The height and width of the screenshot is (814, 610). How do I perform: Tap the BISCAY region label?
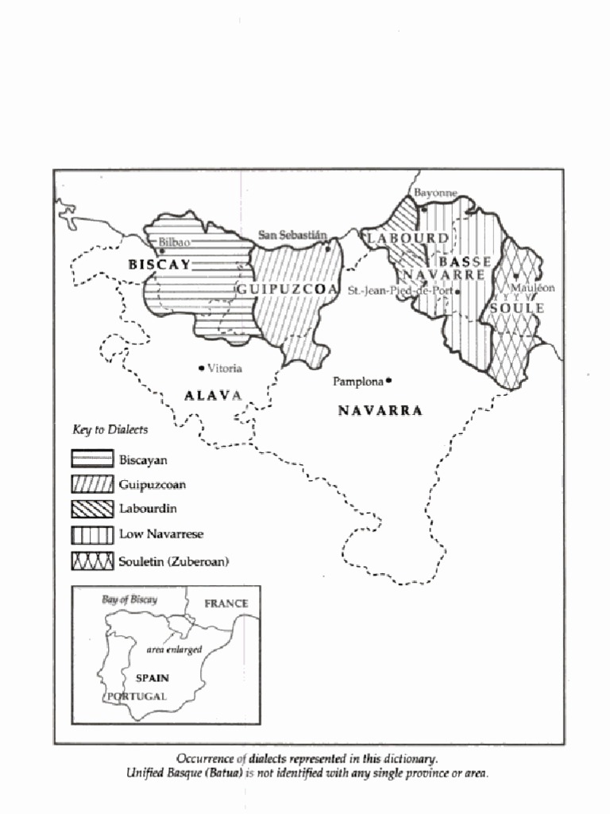coord(160,265)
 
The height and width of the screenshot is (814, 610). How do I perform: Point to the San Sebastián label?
coord(292,235)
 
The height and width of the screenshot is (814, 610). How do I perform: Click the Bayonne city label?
coord(435,193)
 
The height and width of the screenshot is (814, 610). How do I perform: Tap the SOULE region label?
coord(516,308)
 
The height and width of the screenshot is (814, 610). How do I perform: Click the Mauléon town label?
coord(533,288)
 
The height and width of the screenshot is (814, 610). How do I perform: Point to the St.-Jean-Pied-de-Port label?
coord(400,291)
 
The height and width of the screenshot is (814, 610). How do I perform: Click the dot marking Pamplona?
coord(389,381)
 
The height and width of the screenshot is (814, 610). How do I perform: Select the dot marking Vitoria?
coord(201,368)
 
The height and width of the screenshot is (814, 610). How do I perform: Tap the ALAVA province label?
coord(212,395)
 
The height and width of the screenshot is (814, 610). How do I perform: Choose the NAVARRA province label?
coord(380,411)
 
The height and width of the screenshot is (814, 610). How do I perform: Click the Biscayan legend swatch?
coord(92,459)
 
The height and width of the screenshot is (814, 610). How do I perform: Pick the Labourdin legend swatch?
coord(92,509)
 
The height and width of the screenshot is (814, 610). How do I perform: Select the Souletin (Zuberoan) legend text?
coord(173,561)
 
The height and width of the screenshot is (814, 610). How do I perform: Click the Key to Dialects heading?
coord(110,429)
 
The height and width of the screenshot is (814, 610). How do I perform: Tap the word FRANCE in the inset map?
coord(226,603)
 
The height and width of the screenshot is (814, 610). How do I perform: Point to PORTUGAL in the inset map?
coord(137,696)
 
